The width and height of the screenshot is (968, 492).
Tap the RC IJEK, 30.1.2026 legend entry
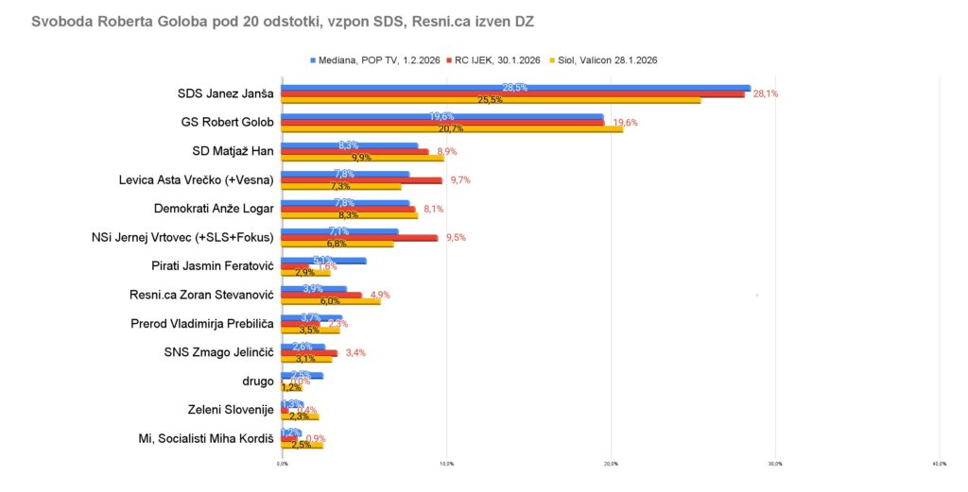[x=498, y=59]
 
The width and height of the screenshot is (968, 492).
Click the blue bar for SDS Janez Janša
[x=515, y=88]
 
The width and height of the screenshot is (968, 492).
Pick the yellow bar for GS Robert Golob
[x=452, y=128]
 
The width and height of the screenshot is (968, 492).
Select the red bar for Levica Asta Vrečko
[x=361, y=179]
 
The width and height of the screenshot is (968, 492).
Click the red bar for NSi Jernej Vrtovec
[x=359, y=238]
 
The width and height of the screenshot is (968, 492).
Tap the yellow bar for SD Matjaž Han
[x=362, y=157]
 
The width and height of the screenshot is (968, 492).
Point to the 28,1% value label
[x=765, y=93]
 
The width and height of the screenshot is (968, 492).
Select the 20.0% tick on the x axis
[x=611, y=464]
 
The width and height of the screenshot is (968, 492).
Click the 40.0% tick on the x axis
[x=939, y=464]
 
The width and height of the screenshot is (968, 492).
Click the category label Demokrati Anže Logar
[x=213, y=208]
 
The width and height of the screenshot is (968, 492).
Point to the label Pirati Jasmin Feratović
[x=212, y=265]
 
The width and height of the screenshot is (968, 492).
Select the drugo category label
[x=257, y=381]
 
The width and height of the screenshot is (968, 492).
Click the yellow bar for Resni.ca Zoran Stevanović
[x=331, y=301]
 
